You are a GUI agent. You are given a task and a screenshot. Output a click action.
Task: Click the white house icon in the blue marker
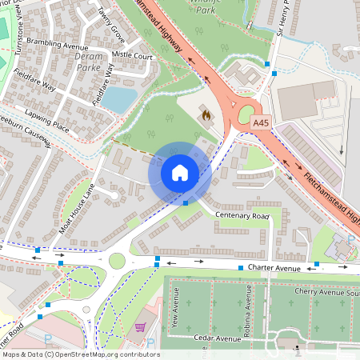pos(180,173)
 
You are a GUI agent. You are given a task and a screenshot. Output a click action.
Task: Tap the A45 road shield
pos(261,122)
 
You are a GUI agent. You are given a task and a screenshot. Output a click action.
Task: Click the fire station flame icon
pos(206,115)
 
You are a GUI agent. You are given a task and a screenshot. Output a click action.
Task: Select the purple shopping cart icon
pos(141,327)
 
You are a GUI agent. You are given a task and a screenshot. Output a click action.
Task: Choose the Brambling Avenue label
pos(56,47)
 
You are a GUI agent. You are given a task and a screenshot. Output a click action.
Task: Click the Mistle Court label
pos(132,57)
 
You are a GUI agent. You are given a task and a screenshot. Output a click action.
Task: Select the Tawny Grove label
pos(112,25)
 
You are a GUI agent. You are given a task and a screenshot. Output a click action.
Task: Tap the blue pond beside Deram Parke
pos(119,99)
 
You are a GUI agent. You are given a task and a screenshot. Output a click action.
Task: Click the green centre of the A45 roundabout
pos(246,114)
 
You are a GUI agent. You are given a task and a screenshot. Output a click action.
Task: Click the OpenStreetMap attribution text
pos(80,354)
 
